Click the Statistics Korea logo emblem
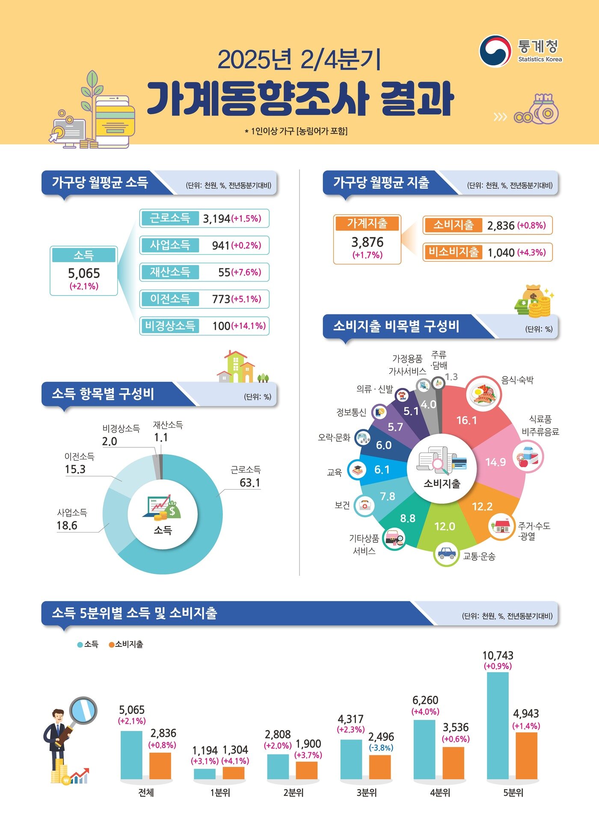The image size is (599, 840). [495, 51]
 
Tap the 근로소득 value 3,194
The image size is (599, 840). [216, 219]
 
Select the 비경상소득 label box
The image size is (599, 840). [170, 326]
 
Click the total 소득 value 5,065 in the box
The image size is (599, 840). [84, 273]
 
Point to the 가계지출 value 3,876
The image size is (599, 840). [367, 242]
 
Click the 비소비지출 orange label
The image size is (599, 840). [453, 252]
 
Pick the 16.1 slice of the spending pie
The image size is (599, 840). [466, 420]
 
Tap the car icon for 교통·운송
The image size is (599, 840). [446, 553]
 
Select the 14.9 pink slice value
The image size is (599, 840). [495, 462]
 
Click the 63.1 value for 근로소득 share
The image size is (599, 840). [250, 482]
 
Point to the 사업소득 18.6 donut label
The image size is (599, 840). [67, 525]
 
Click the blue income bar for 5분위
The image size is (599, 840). [498, 725]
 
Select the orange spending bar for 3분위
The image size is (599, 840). [380, 767]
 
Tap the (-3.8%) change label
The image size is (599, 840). [381, 748]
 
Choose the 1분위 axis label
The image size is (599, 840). [220, 793]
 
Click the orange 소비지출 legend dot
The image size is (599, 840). [112, 645]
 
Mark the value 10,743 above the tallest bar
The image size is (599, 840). [498, 655]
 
